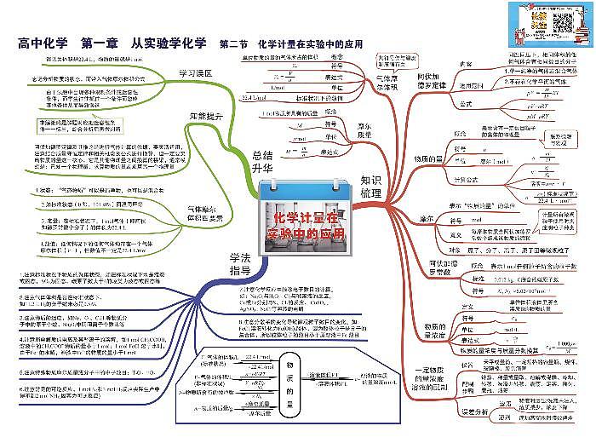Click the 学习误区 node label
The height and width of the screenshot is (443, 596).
click(195, 73)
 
